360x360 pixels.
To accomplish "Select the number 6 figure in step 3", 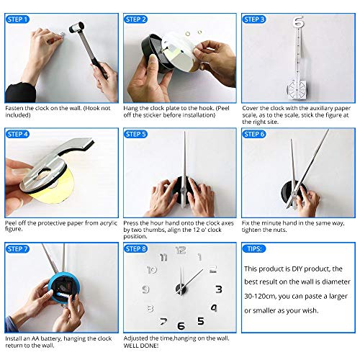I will click(298, 22).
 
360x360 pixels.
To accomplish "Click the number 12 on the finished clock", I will click(180, 251).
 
